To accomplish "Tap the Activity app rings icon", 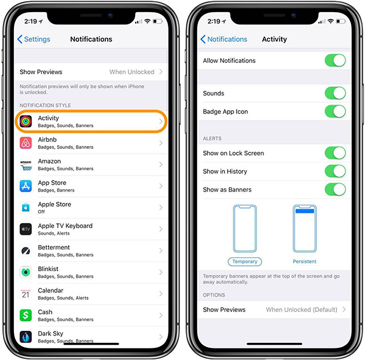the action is (26, 121).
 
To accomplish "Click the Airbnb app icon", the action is (26, 143).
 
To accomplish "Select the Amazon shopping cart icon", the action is (26, 165).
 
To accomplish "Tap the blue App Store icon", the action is (26, 186).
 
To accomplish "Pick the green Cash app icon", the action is (26, 316).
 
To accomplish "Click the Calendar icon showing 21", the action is (26, 294).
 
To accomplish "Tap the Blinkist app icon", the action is (26, 272).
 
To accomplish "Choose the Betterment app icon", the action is (26, 251).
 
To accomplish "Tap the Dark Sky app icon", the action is (26, 337).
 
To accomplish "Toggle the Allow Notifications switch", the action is (335, 60).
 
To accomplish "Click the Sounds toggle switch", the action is (335, 93).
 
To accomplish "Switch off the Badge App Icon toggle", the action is (335, 111).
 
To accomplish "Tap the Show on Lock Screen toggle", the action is (335, 153).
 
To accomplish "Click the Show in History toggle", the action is (335, 171).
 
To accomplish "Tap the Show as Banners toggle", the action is (335, 189).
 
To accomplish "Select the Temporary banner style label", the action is (245, 261).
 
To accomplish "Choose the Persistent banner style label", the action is (305, 261).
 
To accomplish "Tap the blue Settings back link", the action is (33, 39).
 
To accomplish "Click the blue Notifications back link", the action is (224, 39).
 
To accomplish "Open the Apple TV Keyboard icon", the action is (26, 229).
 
